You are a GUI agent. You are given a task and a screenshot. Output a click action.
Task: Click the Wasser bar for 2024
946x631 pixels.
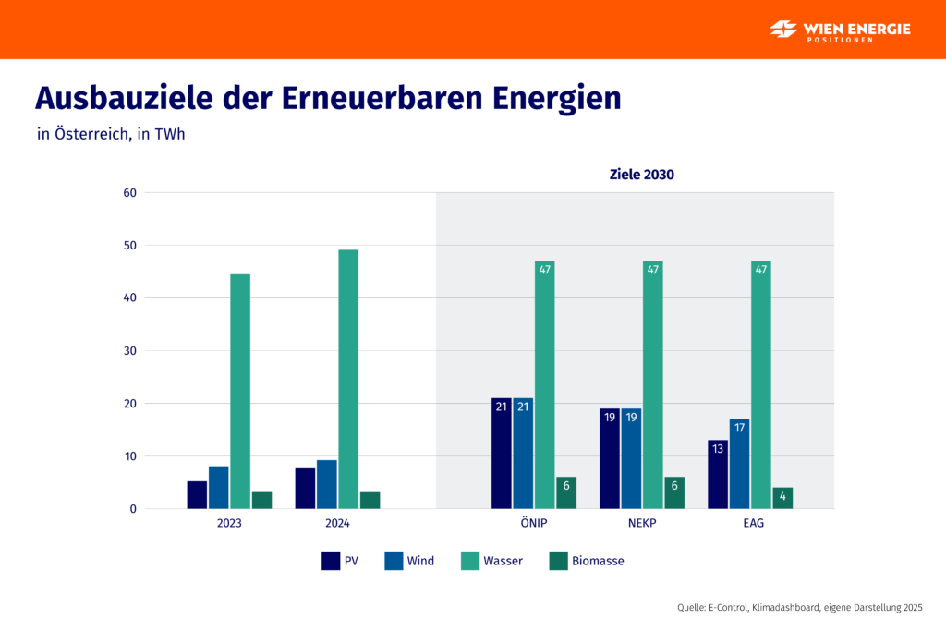[348, 379]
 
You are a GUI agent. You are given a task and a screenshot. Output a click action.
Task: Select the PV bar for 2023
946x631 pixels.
[197, 495]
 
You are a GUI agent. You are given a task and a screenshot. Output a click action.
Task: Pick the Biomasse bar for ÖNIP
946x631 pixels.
[566, 493]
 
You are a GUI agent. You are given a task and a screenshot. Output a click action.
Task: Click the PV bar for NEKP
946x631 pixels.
[610, 458]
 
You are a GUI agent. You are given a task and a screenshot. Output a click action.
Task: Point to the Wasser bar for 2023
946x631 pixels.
[240, 391]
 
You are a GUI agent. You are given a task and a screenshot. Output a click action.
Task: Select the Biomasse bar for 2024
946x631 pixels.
[370, 501]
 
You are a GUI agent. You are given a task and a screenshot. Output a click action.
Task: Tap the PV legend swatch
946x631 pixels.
[331, 561]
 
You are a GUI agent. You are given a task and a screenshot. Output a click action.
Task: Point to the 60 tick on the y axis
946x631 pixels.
[129, 193]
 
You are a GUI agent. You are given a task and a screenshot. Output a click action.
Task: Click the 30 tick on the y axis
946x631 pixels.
[129, 351]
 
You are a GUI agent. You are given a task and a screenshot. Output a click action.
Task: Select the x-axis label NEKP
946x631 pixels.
[642, 524]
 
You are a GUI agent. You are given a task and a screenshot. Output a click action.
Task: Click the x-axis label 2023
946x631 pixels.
[229, 524]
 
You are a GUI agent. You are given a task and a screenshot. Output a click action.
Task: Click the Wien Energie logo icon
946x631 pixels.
[783, 29]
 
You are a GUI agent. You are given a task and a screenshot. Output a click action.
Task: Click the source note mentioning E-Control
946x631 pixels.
[799, 607]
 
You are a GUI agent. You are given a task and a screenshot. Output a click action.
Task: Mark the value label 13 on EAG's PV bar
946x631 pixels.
[718, 449]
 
